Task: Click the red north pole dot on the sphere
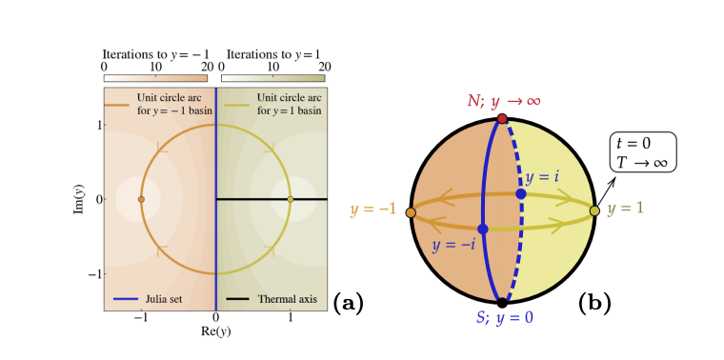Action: (x=502, y=119)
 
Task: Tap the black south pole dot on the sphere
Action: (x=502, y=303)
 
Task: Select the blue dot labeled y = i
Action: (x=521, y=194)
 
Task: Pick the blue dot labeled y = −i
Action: (x=483, y=230)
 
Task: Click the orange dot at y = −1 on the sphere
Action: (x=411, y=212)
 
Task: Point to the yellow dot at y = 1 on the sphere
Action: (x=594, y=210)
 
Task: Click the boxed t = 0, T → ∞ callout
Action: (x=644, y=151)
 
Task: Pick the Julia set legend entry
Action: (x=157, y=299)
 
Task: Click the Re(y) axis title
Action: (x=215, y=331)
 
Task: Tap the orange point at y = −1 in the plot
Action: (x=141, y=199)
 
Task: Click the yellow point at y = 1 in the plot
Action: (x=290, y=199)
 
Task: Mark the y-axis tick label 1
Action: (x=96, y=125)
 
